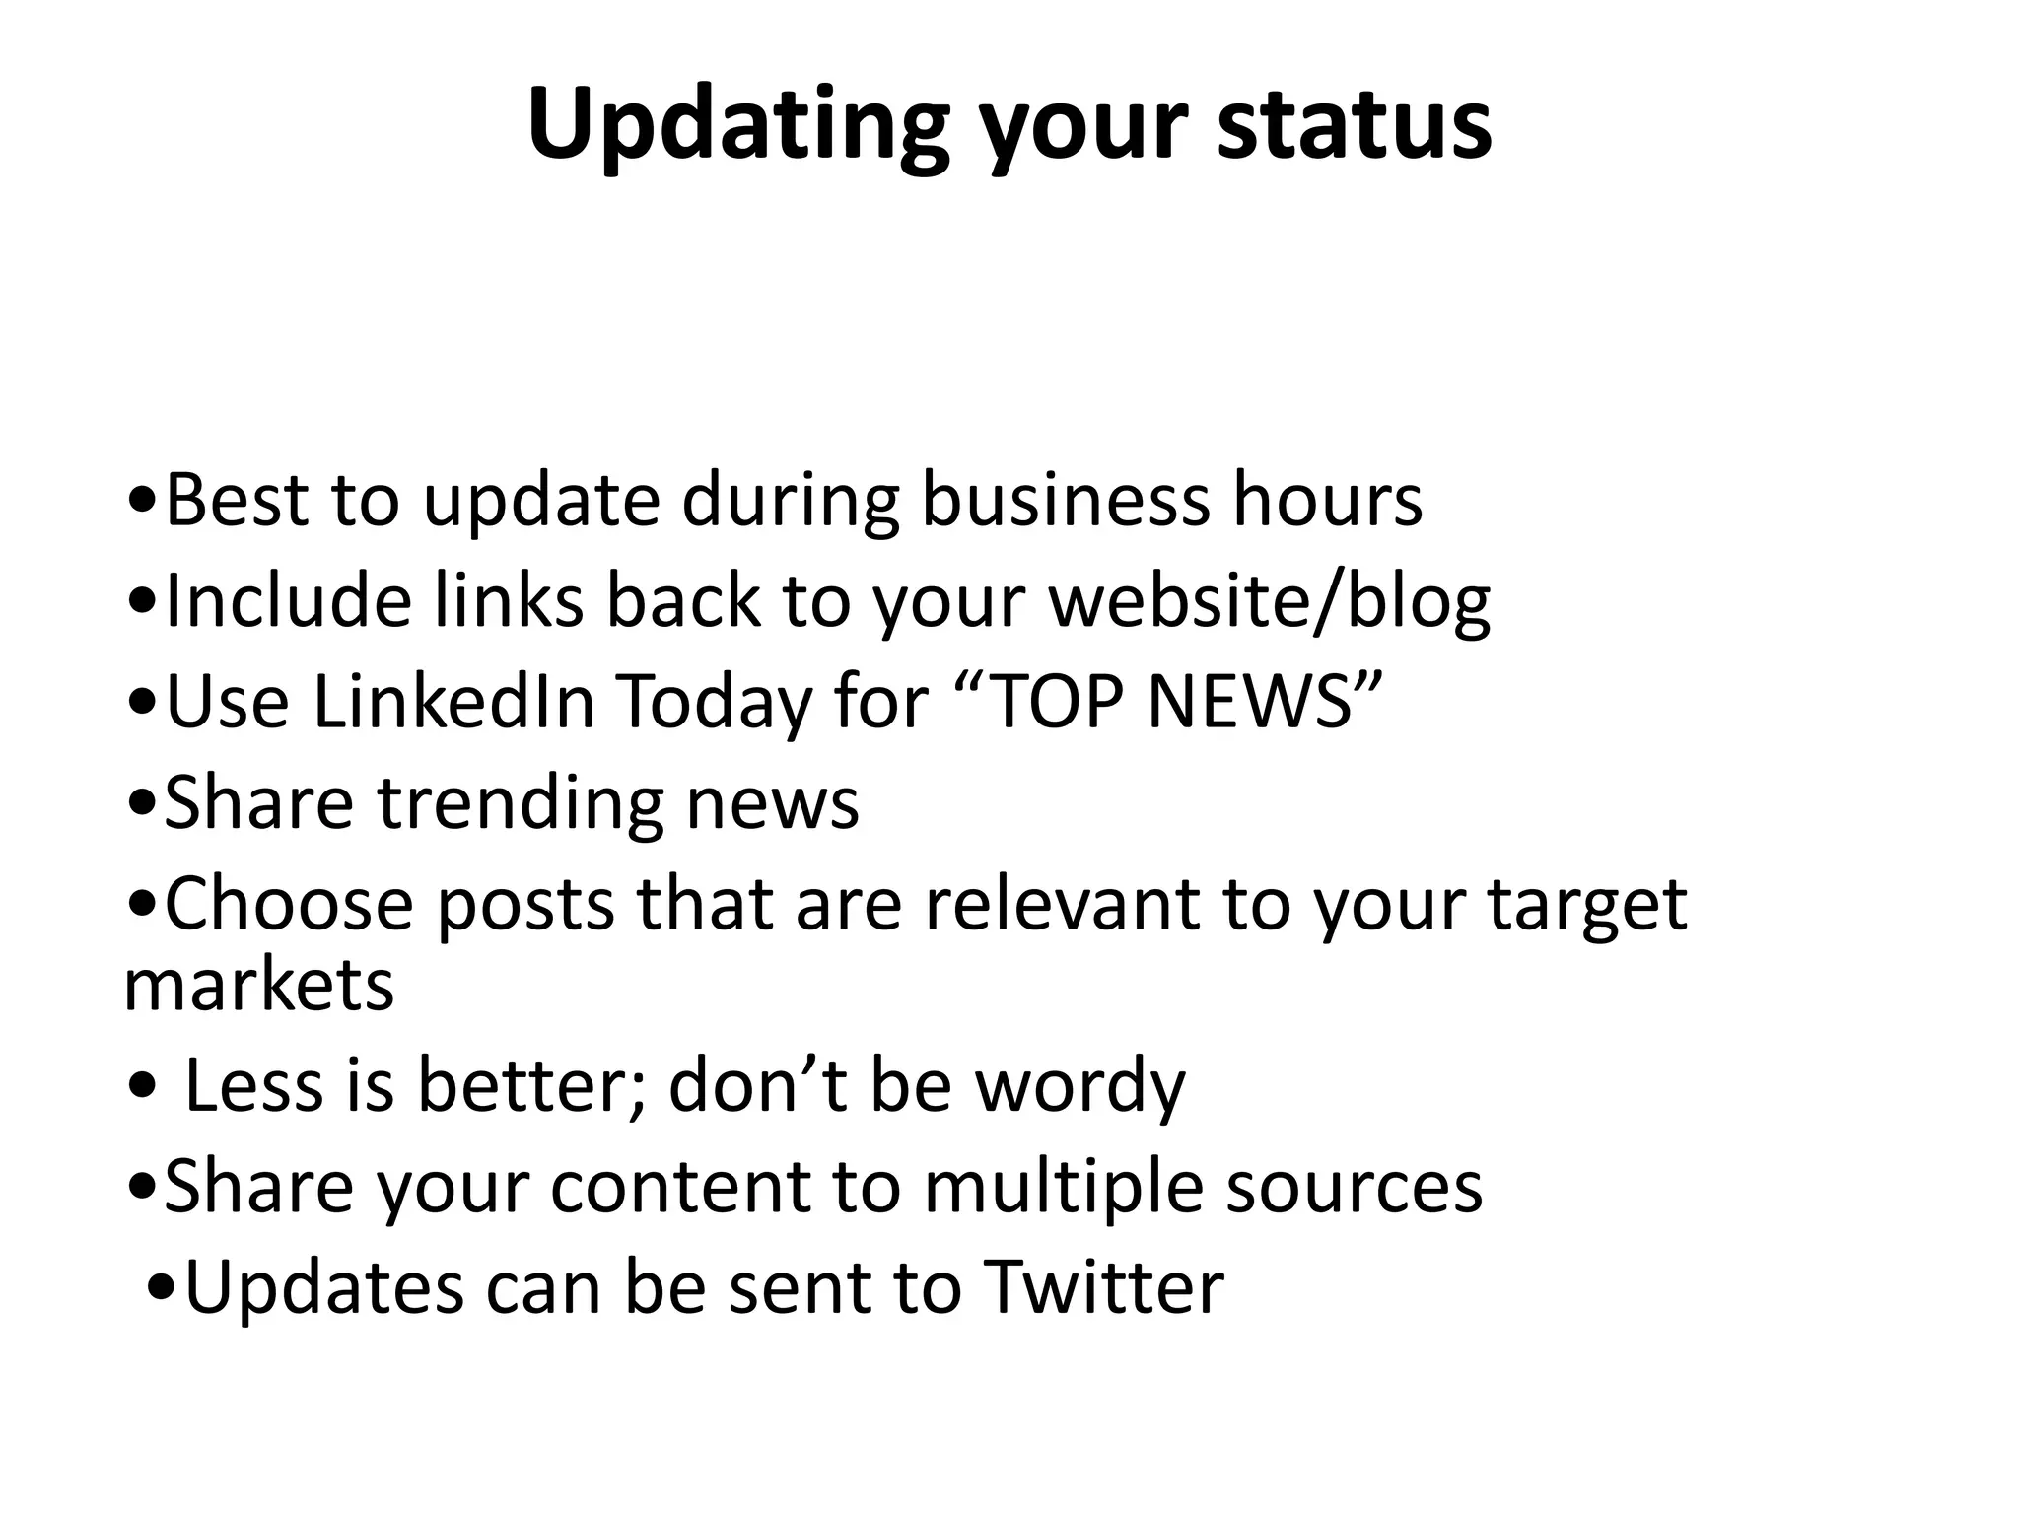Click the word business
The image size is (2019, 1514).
(x=1065, y=501)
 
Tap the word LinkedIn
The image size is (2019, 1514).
(x=453, y=702)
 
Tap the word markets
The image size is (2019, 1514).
(x=258, y=985)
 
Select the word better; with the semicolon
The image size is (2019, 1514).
(x=532, y=1085)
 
